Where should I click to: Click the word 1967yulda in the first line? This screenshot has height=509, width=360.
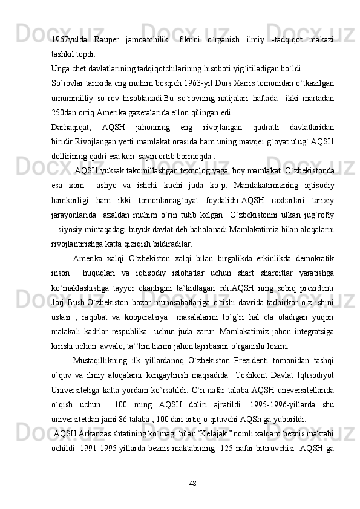[67, 40]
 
